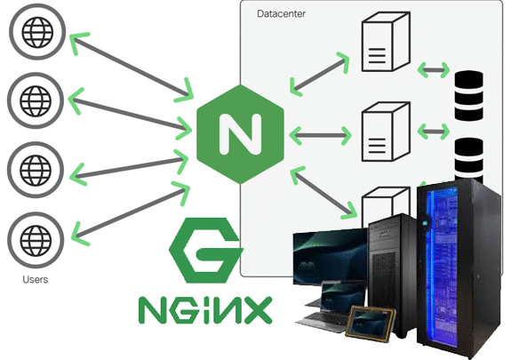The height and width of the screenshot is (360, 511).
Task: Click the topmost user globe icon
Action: [37, 32]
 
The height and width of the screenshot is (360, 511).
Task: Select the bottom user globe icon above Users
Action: [36, 240]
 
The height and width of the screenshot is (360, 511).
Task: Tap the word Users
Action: [36, 279]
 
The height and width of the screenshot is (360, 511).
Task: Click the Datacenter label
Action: [281, 13]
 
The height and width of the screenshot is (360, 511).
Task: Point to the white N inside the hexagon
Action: [241, 134]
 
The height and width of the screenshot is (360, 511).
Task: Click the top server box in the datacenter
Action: [386, 42]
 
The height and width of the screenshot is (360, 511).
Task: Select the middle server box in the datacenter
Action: [386, 132]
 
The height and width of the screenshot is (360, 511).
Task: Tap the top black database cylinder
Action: [468, 95]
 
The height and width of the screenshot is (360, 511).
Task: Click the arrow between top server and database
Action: [434, 69]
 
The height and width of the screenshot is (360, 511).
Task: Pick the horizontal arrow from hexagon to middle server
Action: [320, 135]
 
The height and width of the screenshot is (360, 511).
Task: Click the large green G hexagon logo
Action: [206, 250]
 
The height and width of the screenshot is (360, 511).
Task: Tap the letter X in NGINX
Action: [258, 310]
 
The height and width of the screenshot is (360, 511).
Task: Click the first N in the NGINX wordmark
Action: [152, 310]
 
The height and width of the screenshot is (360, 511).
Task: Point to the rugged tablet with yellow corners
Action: [371, 324]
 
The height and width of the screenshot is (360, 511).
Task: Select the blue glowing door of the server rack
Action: [443, 268]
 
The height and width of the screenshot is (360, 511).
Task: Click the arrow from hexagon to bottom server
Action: [323, 192]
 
